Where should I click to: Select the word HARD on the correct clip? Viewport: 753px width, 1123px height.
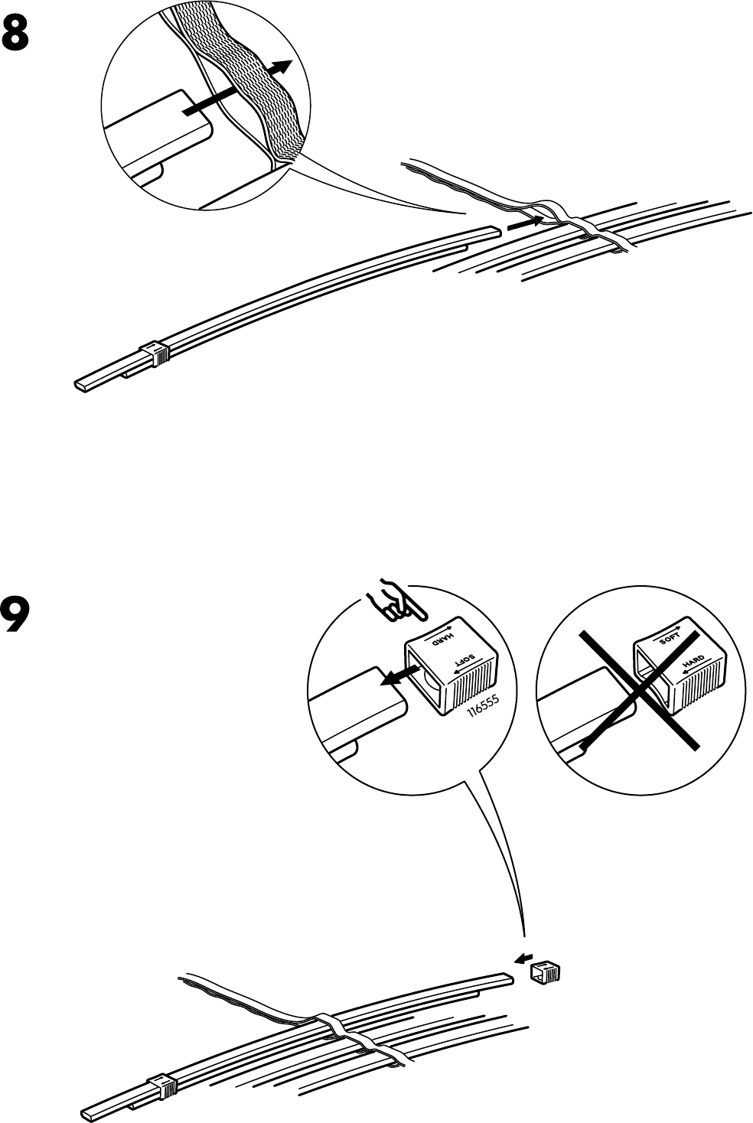tap(445, 638)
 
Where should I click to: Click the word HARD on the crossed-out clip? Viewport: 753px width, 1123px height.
tap(693, 662)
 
